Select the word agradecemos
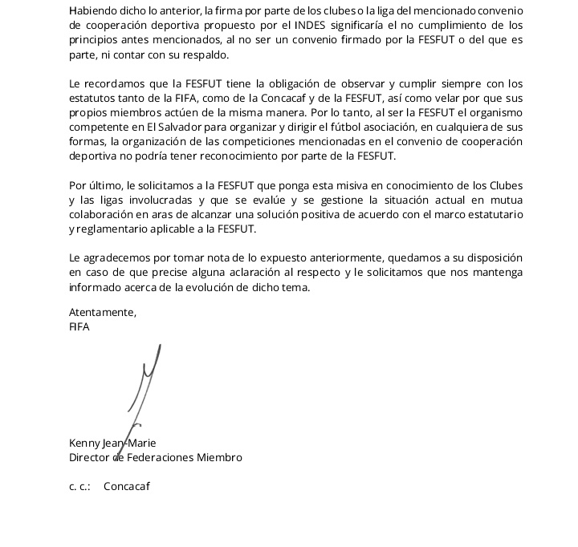[x=118, y=258]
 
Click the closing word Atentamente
[x=103, y=313]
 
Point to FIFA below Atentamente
[x=79, y=327]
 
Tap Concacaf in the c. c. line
[x=127, y=486]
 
